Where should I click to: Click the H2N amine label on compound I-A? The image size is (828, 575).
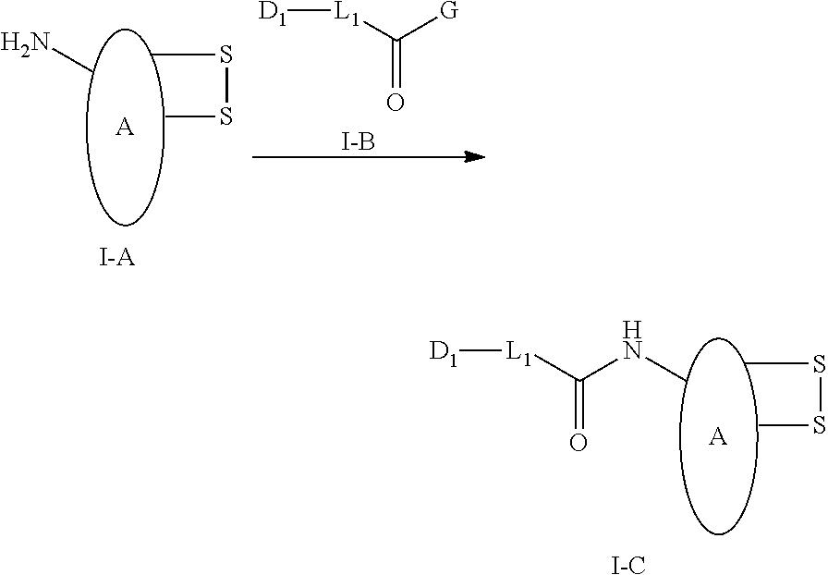(24, 43)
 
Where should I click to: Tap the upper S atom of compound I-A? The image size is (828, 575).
(226, 55)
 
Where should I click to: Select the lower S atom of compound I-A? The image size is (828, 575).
(226, 116)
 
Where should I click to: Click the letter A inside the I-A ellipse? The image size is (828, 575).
(125, 127)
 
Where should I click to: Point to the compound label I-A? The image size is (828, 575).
(116, 258)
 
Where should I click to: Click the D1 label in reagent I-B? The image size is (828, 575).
(273, 13)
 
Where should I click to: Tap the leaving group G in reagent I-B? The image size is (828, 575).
(449, 11)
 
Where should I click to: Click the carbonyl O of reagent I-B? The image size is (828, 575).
(395, 102)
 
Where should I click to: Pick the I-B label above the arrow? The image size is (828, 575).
(358, 141)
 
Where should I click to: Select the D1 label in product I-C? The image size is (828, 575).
(444, 352)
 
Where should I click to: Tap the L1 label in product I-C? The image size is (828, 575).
(518, 352)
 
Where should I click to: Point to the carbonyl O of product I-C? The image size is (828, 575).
(578, 442)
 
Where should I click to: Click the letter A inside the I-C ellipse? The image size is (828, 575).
(717, 436)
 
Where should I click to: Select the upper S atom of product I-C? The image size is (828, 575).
(819, 363)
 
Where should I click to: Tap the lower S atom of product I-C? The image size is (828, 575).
(819, 425)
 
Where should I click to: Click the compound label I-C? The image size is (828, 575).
(628, 566)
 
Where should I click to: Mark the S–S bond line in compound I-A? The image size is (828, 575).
(226, 86)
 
